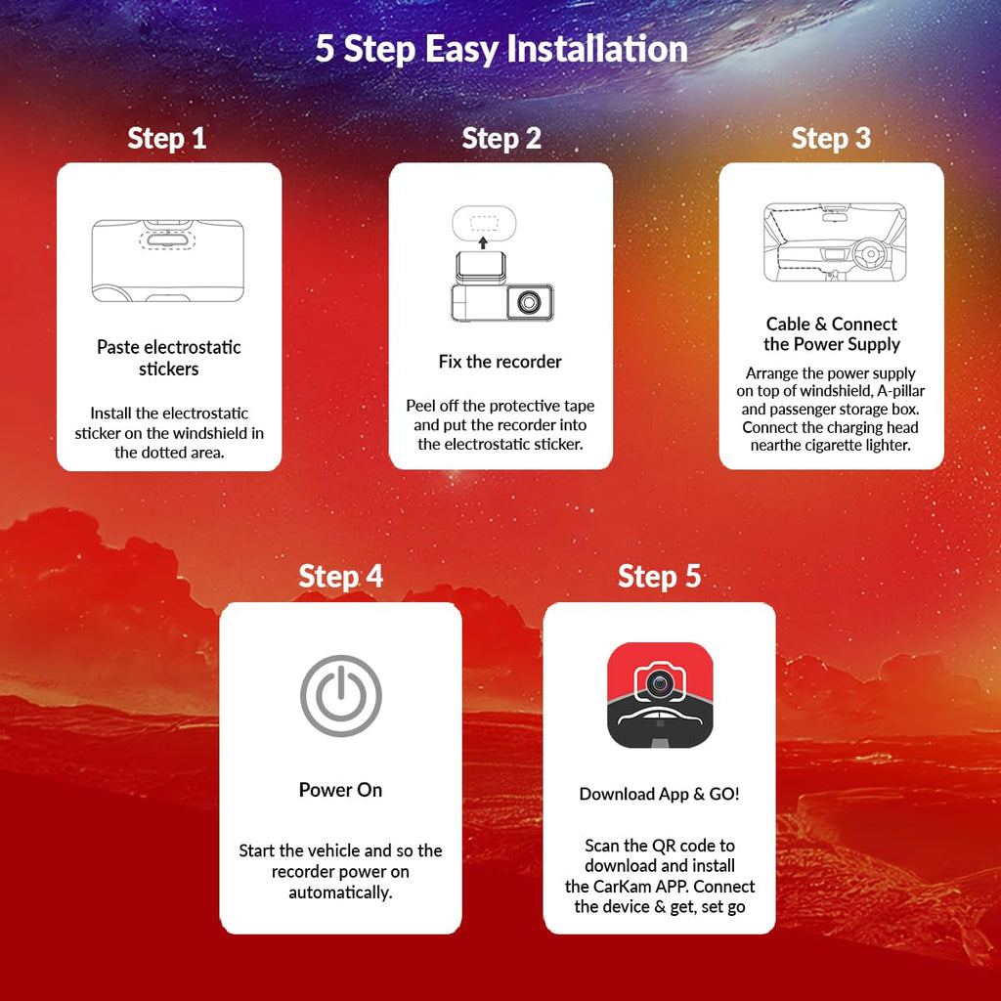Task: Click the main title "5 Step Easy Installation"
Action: (x=501, y=49)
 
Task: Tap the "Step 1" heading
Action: (x=167, y=139)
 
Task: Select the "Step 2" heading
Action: (x=501, y=139)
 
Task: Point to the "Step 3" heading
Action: (x=831, y=139)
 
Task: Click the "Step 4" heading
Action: (x=341, y=577)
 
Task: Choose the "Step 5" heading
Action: (x=660, y=577)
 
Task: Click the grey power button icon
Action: (x=341, y=695)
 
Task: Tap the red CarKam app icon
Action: (x=660, y=695)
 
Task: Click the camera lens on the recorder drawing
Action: (x=529, y=301)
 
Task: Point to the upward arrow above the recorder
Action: (x=483, y=242)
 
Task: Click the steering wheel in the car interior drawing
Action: (x=870, y=254)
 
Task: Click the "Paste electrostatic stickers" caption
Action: (x=169, y=358)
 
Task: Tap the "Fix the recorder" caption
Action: (x=500, y=362)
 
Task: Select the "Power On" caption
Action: (x=341, y=790)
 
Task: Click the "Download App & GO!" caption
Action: (x=660, y=794)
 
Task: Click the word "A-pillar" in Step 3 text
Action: (x=900, y=391)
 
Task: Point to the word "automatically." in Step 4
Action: (x=341, y=892)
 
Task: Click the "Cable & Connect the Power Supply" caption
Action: (x=832, y=334)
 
